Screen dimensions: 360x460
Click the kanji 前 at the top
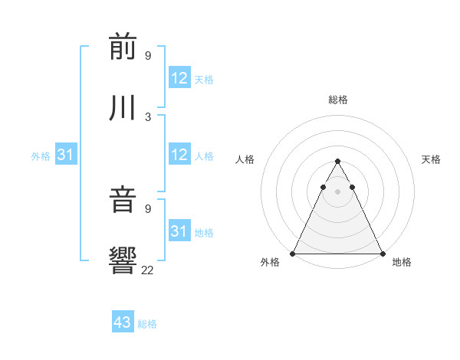pos(123,47)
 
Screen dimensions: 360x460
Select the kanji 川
pos(123,107)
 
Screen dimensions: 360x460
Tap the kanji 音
pos(123,201)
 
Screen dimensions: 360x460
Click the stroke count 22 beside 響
pos(147,269)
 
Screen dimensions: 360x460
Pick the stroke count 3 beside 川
pos(147,116)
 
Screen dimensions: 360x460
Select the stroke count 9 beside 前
pos(147,56)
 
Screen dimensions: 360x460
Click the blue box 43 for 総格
pos(123,322)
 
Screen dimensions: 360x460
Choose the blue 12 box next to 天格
pos(179,78)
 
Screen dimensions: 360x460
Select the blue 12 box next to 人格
pos(179,155)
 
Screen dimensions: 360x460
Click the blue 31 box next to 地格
pos(179,231)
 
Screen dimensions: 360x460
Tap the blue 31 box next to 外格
pos(65,155)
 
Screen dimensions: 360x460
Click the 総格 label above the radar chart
pos(338,100)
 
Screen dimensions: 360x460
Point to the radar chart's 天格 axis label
pos(431,159)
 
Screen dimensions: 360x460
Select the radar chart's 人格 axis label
pos(245,159)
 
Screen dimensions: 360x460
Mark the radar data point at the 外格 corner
pos(293,253)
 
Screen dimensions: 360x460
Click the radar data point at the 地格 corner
pos(383,253)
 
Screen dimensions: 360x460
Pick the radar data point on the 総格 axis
pos(337,162)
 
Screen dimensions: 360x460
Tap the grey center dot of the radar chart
pos(337,191)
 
